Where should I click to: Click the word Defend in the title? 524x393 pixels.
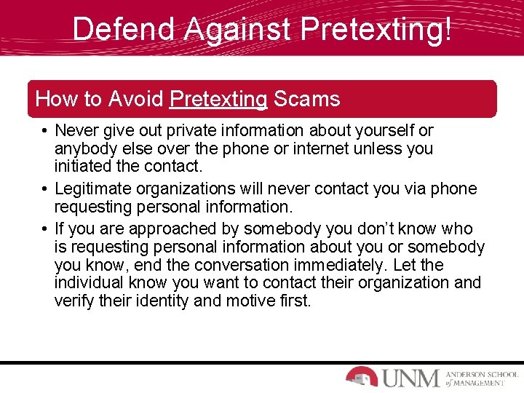tap(124, 29)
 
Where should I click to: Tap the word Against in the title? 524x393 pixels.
tap(237, 29)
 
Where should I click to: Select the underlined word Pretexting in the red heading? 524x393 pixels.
tap(218, 98)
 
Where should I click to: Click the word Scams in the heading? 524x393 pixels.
tap(306, 98)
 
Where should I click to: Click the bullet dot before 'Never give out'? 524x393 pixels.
tap(44, 131)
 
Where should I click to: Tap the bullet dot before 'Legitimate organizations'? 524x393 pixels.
tap(44, 189)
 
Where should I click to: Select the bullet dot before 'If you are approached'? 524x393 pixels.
tap(44, 229)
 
